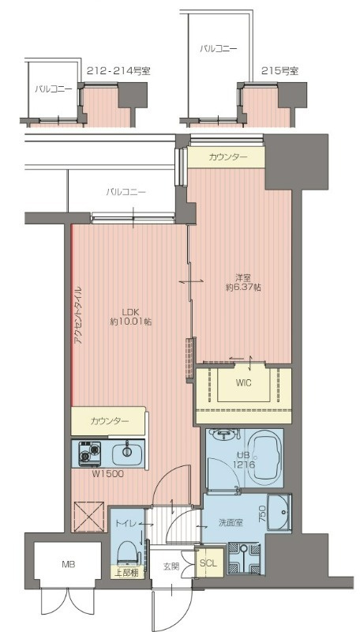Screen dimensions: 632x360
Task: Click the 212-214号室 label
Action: pos(118,71)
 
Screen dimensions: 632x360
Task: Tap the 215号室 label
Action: pos(279,71)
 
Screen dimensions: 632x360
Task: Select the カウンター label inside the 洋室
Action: pos(227,158)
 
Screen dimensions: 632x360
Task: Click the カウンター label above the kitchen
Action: pos(109,421)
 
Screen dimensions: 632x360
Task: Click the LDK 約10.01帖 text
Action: pos(131,316)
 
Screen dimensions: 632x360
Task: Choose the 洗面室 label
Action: pos(230,522)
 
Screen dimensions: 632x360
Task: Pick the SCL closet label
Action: pos(207,563)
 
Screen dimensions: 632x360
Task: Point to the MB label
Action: pos(69,565)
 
